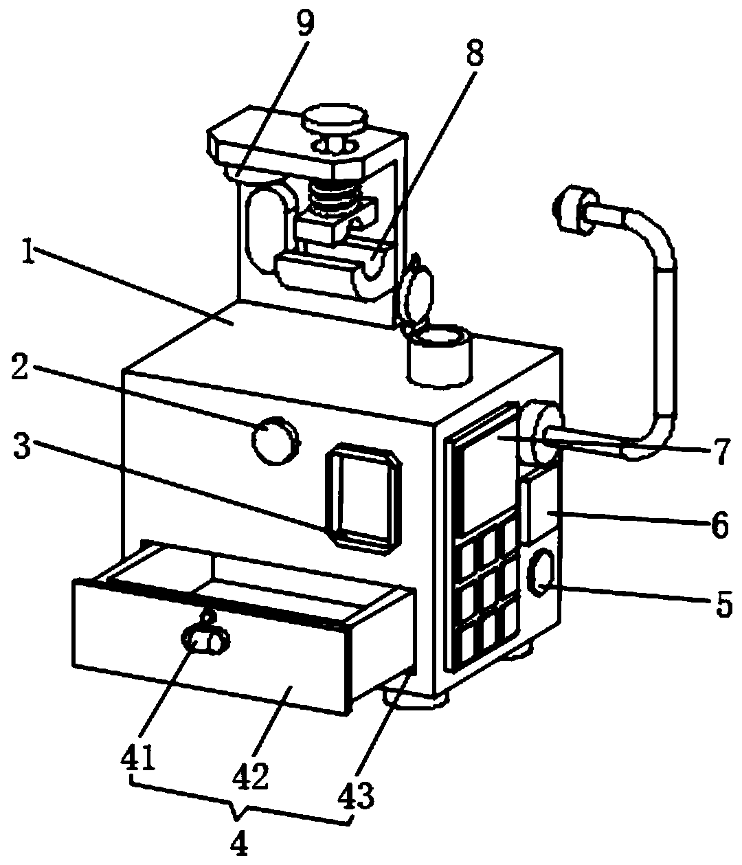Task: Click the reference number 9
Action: click(305, 24)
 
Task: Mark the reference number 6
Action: click(719, 526)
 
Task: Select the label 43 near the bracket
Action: click(357, 796)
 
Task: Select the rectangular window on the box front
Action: click(363, 495)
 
